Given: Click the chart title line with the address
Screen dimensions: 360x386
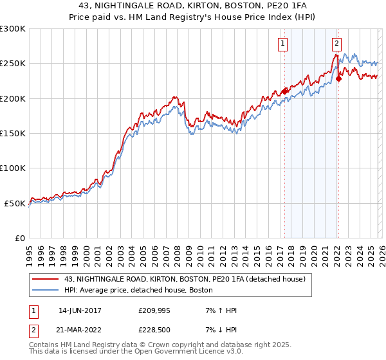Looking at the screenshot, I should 192,5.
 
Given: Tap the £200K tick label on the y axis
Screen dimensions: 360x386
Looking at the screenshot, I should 13,98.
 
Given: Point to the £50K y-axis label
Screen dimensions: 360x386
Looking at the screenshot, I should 15,203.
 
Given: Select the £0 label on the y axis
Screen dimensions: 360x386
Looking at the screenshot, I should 21,238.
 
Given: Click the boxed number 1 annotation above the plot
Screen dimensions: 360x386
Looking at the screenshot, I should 283,44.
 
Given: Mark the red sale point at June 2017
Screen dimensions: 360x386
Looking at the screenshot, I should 284,91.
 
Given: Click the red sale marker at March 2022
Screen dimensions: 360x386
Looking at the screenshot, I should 338,78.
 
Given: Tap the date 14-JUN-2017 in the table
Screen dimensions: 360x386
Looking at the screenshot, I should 80,310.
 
